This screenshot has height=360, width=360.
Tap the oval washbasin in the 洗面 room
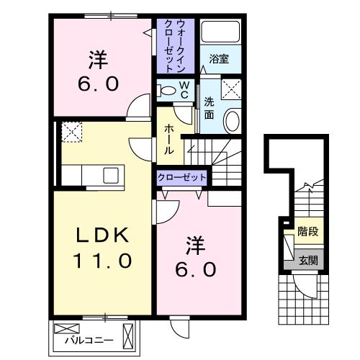(x=233, y=120)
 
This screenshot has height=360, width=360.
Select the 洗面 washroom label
(x=209, y=107)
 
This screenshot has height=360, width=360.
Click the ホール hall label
(x=168, y=138)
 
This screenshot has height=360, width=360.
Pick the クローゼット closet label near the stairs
(x=183, y=177)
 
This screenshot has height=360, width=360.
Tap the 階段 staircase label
(x=307, y=233)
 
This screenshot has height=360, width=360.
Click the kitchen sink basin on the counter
(x=112, y=175)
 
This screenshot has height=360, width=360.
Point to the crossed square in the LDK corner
(x=71, y=132)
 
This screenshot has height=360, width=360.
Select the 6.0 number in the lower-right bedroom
(x=194, y=269)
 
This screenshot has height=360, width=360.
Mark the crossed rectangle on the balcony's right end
(x=130, y=335)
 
